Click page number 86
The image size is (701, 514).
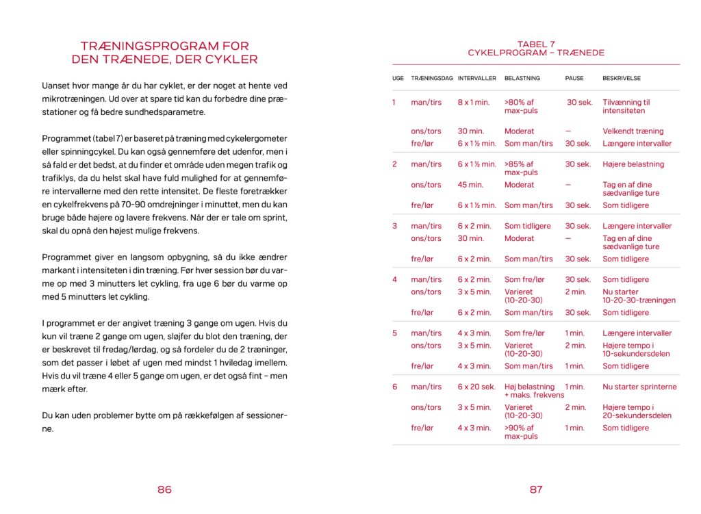164,489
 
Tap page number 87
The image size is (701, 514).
536,489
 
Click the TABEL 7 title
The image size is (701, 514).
536,44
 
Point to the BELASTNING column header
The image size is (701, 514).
522,78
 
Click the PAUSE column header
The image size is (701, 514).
574,78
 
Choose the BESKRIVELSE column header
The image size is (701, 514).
622,78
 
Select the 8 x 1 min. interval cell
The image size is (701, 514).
474,103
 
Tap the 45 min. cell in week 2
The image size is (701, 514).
471,185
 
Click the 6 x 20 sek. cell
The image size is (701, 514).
476,387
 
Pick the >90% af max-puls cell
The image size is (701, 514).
521,432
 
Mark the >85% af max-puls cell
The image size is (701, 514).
521,168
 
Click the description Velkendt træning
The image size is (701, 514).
633,131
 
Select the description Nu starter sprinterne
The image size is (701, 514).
639,387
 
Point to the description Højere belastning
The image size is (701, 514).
633,164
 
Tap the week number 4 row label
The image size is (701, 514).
394,279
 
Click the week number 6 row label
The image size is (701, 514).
394,387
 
